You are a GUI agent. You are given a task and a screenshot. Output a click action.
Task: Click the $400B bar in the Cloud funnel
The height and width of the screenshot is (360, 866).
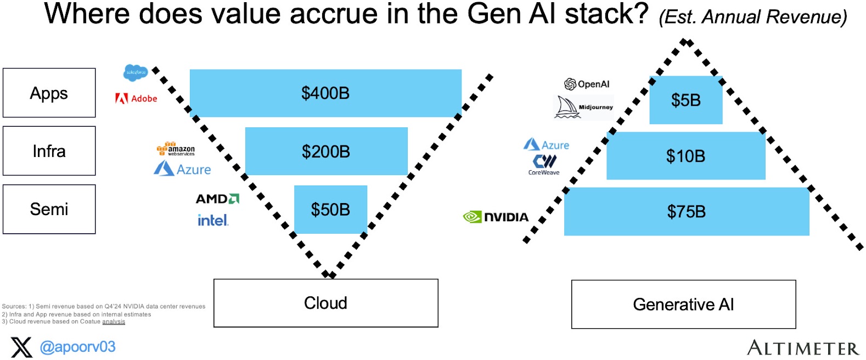point(325,93)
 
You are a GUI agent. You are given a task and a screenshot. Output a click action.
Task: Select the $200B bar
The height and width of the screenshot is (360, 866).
point(326,151)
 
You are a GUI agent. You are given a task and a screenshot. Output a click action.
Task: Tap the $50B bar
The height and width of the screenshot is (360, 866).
point(330,210)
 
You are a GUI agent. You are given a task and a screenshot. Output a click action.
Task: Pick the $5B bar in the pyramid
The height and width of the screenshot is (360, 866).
point(685,100)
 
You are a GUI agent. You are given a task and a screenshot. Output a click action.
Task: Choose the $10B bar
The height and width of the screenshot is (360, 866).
point(685,156)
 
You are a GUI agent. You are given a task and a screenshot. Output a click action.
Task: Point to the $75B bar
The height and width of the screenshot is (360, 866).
point(686,212)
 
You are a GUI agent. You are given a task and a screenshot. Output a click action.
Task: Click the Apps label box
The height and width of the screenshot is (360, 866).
point(49,93)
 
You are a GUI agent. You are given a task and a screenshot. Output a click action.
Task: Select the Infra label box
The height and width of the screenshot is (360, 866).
point(49,151)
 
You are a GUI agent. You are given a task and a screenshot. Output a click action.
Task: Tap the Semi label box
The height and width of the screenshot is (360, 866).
point(49,209)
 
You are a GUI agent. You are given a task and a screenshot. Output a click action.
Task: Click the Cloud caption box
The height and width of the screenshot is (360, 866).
point(325,303)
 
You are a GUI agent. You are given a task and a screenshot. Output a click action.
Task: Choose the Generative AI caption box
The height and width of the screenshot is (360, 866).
point(683,305)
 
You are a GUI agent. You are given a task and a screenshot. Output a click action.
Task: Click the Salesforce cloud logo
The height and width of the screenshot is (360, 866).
point(136,72)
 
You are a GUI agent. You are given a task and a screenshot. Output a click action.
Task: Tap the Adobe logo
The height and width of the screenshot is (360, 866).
point(136,99)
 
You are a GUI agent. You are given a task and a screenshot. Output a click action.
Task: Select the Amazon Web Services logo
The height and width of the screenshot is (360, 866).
point(176,149)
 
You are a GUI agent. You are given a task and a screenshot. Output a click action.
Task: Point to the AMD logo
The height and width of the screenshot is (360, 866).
point(217,199)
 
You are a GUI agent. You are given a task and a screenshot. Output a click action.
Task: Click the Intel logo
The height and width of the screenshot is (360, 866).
point(213,221)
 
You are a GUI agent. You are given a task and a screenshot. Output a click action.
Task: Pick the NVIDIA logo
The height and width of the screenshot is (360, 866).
point(496,217)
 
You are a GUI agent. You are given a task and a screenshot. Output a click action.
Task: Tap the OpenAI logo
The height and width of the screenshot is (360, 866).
point(587,84)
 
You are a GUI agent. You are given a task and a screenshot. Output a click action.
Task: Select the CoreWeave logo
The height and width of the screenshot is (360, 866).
point(544,165)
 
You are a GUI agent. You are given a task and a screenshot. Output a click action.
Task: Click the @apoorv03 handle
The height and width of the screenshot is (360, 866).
point(77,347)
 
